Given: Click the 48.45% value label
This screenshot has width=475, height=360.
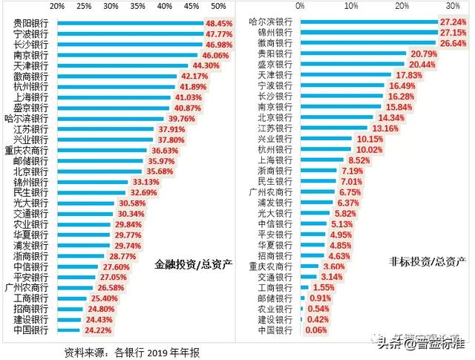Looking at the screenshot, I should (x=219, y=24).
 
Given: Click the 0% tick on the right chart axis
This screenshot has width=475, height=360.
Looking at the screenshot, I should (x=300, y=6).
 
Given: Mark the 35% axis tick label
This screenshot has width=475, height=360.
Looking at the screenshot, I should (x=138, y=6).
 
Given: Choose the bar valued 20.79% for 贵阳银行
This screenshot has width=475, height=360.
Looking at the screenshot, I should (x=353, y=54).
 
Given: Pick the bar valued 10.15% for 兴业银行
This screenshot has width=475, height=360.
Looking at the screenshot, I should (x=326, y=139).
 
